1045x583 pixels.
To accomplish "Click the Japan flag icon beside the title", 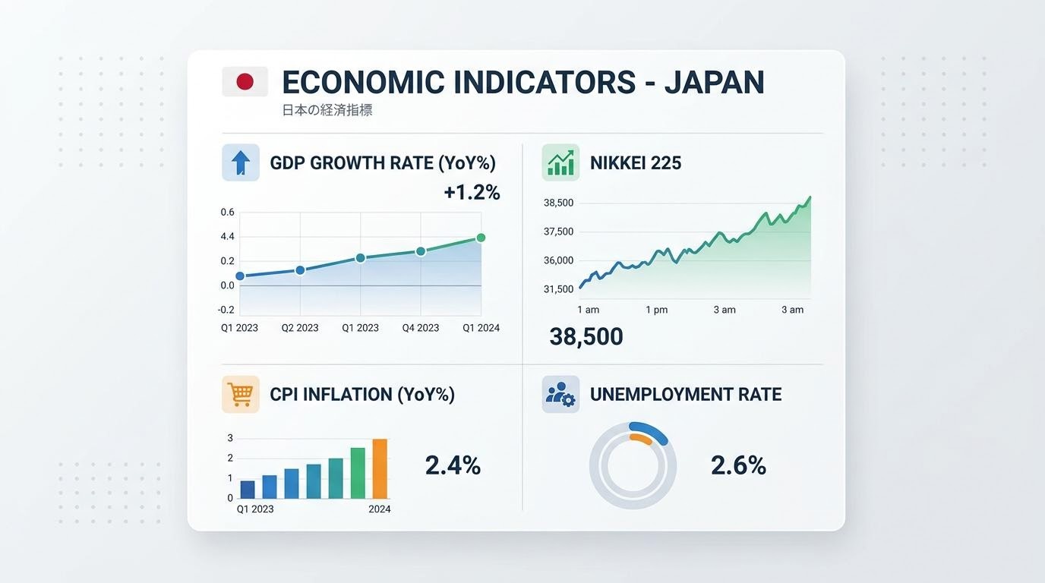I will pos(245,82).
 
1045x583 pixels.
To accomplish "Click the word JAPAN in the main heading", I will pos(714,82).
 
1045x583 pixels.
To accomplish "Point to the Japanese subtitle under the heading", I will pos(327,110).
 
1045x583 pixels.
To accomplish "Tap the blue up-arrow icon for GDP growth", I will pos(241,162).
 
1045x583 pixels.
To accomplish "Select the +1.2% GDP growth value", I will pos(472,193).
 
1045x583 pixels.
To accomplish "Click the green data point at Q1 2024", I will pos(481,238).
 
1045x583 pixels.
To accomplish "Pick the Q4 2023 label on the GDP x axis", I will pos(421,328).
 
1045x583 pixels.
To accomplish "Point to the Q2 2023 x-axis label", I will pos(300,328).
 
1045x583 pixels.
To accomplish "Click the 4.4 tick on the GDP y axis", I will pos(228,237).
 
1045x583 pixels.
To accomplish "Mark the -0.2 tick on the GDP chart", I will pos(226,310).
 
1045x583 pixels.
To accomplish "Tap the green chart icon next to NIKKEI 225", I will pos(560,162).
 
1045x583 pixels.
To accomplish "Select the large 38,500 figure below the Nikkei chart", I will pos(586,336).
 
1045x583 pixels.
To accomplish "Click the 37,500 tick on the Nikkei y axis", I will pos(559,232).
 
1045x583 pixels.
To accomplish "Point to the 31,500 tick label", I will pos(559,289).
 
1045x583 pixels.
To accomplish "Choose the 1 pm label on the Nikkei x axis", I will pos(657,310).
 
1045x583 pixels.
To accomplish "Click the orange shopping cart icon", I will pos(241,394).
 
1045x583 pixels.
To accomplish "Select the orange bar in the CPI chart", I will pos(380,468).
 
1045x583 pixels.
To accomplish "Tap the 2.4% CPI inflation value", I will pos(453,465).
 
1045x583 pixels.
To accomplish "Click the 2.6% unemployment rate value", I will pos(738,465).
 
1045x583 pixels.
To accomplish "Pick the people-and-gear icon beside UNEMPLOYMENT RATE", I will pos(560,394).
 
